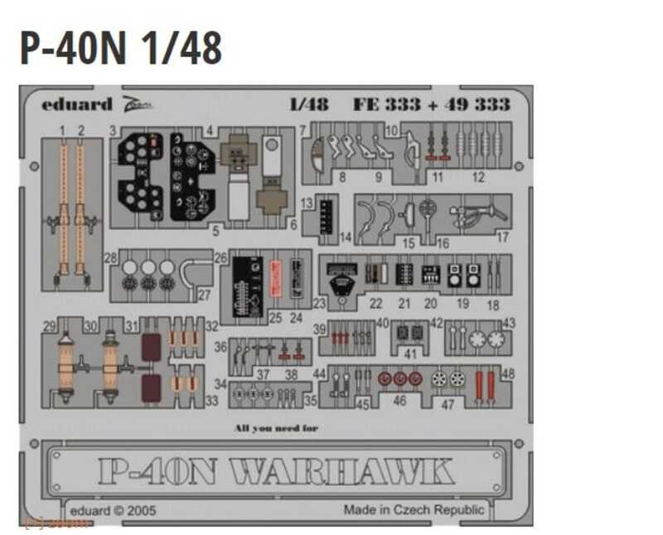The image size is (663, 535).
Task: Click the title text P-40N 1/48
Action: point(121,50)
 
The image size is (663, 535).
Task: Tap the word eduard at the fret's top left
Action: point(77,105)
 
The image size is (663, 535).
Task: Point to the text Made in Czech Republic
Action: point(414,509)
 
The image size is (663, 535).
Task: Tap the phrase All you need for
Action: point(276,428)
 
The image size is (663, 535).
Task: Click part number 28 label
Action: point(110,259)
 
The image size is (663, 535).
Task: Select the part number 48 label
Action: point(508,374)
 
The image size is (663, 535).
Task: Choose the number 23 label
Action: point(319,303)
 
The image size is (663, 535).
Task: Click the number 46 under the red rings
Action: point(400,401)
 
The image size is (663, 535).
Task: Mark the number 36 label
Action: point(220,347)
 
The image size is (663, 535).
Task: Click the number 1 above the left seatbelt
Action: point(62,130)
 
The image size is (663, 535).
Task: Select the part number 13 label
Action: point(307,204)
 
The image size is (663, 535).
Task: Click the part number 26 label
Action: point(220,259)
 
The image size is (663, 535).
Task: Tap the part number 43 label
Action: point(509,323)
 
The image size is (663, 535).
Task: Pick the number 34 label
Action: point(220,384)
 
